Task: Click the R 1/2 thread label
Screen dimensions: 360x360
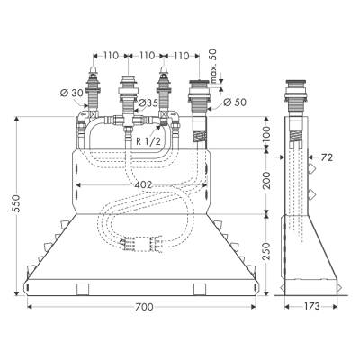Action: tap(149, 141)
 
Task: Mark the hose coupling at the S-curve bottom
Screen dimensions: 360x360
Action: tap(140, 241)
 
